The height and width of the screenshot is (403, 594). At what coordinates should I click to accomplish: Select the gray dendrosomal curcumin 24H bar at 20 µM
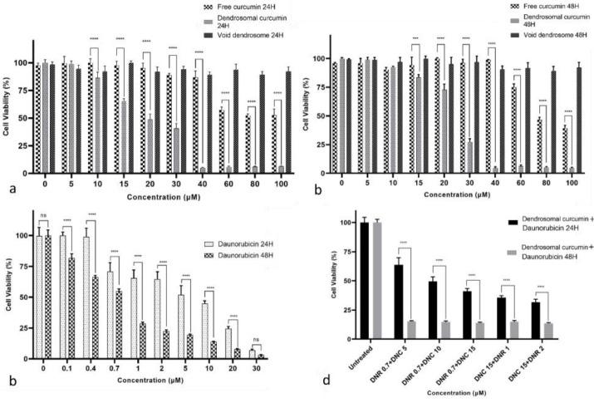coord(150,146)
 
